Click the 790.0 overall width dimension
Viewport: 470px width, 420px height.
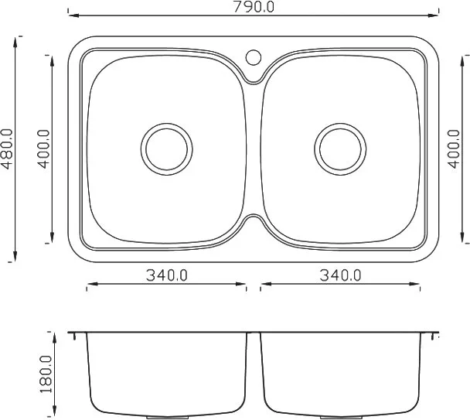click(254, 7)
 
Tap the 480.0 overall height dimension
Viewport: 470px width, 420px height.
click(7, 149)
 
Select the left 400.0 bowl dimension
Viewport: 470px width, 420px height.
click(43, 149)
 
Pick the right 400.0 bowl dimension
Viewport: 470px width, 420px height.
click(454, 149)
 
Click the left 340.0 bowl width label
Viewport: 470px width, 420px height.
click(167, 275)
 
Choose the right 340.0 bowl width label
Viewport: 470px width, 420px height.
click(340, 275)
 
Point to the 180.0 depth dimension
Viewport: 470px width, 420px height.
click(46, 374)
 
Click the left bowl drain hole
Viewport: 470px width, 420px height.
click(167, 149)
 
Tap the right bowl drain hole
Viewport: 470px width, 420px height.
click(340, 149)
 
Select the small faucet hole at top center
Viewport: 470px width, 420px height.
click(254, 57)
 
